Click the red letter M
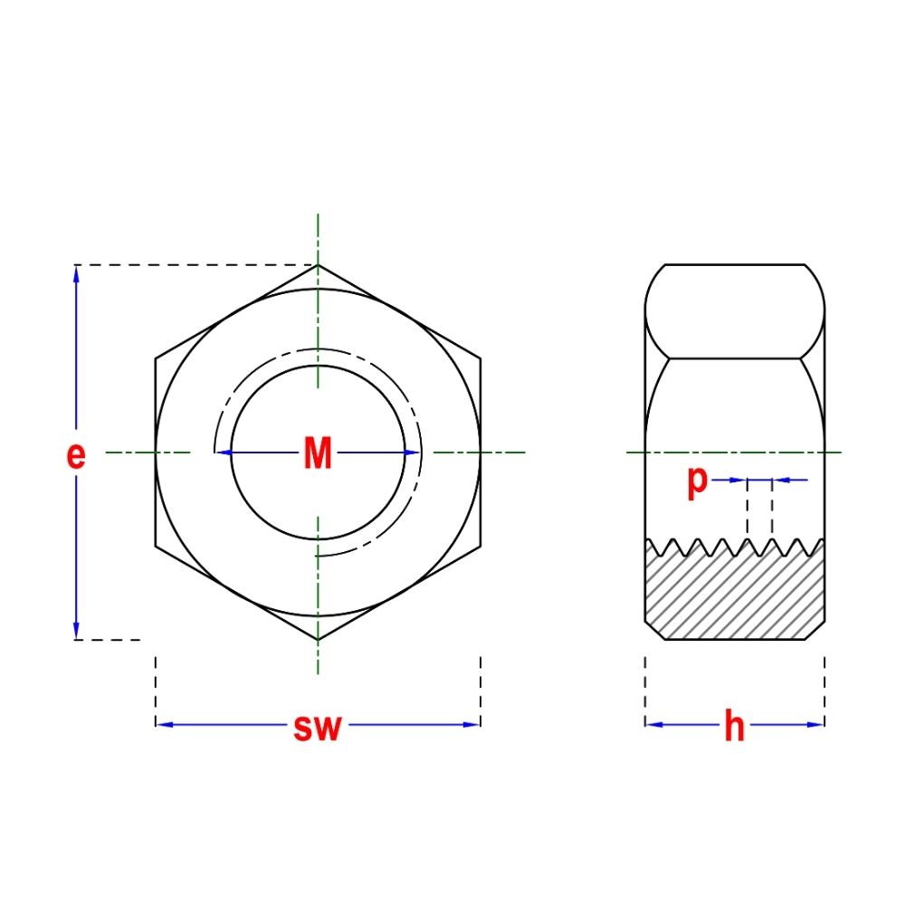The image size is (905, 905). [318, 453]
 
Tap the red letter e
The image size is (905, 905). [76, 455]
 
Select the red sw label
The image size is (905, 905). [317, 727]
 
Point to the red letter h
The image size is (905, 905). [734, 727]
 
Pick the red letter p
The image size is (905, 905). [696, 481]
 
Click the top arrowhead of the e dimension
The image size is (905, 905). [76, 273]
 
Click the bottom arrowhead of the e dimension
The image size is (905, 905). [76, 632]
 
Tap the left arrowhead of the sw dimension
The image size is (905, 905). [163, 724]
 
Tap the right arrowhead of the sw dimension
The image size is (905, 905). [472, 724]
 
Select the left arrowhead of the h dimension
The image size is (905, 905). [653, 724]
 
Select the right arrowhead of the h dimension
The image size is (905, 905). [816, 724]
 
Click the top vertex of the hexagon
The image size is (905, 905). [318, 265]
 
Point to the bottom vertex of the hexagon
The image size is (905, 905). [318, 640]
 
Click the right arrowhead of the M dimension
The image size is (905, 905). [413, 452]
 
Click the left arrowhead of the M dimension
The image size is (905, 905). [223, 452]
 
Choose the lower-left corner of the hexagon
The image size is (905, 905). [156, 547]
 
